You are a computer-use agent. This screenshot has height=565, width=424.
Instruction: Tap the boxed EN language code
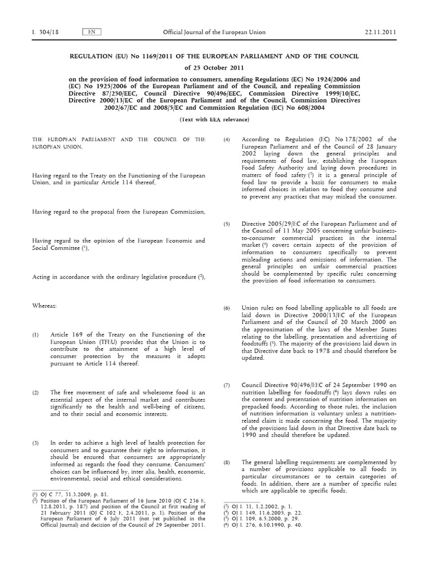point(91,33)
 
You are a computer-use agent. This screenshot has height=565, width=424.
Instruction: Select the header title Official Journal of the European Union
point(214,33)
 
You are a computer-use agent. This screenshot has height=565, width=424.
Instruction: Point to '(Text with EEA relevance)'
point(214,120)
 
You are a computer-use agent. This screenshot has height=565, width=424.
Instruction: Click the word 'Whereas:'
point(44,305)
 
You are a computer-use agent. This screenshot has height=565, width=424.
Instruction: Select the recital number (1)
point(35,335)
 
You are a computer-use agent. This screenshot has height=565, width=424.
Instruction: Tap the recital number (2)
point(35,393)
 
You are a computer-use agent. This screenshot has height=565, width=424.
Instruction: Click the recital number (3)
point(35,443)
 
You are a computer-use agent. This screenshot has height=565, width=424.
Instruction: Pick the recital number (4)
point(226,140)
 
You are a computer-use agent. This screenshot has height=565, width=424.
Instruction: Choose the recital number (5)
point(226,224)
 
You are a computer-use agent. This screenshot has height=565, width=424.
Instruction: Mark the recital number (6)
point(226,308)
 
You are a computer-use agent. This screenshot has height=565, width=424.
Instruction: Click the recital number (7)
point(226,385)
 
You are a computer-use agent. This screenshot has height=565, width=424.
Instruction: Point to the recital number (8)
point(226,462)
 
